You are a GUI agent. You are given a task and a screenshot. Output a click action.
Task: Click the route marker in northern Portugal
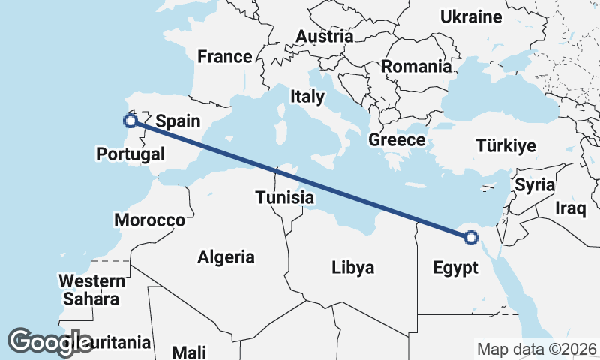coord(130,120)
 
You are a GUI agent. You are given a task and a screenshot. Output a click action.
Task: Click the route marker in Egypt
coord(470,238)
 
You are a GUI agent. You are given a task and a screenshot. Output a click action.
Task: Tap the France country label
coord(224,56)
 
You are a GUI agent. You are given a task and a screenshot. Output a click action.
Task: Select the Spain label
coord(178,120)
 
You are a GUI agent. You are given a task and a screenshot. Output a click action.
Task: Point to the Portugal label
coord(130,154)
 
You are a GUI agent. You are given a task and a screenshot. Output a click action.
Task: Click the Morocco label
coord(149,220)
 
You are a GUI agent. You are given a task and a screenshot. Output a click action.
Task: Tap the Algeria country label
coord(226,256)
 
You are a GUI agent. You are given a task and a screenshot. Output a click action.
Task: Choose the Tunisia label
coord(284,198)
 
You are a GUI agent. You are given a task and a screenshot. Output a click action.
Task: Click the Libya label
coord(352,267)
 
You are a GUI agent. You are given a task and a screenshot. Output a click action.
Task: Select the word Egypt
coord(455,268)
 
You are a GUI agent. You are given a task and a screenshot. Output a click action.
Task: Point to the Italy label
coord(307,96)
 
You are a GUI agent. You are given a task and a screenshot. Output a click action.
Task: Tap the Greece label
coord(397,139)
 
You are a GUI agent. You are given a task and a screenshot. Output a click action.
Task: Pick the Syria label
coord(534,184)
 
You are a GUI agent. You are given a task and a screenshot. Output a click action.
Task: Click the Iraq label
coord(570,208)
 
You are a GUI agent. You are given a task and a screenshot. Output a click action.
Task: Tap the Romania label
coord(416,66)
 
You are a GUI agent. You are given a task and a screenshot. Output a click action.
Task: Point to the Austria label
coord(324,36)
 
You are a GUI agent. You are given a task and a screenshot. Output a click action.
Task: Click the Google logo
coord(49,342)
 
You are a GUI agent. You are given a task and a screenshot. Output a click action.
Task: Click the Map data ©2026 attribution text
coord(536,349)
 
